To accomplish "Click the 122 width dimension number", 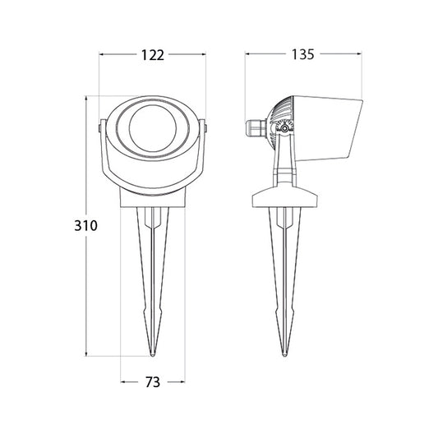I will coord(153,55).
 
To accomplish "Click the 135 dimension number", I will coord(303,55).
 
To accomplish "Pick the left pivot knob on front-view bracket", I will coord(101,128).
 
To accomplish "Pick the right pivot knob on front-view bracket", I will coord(204,128).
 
